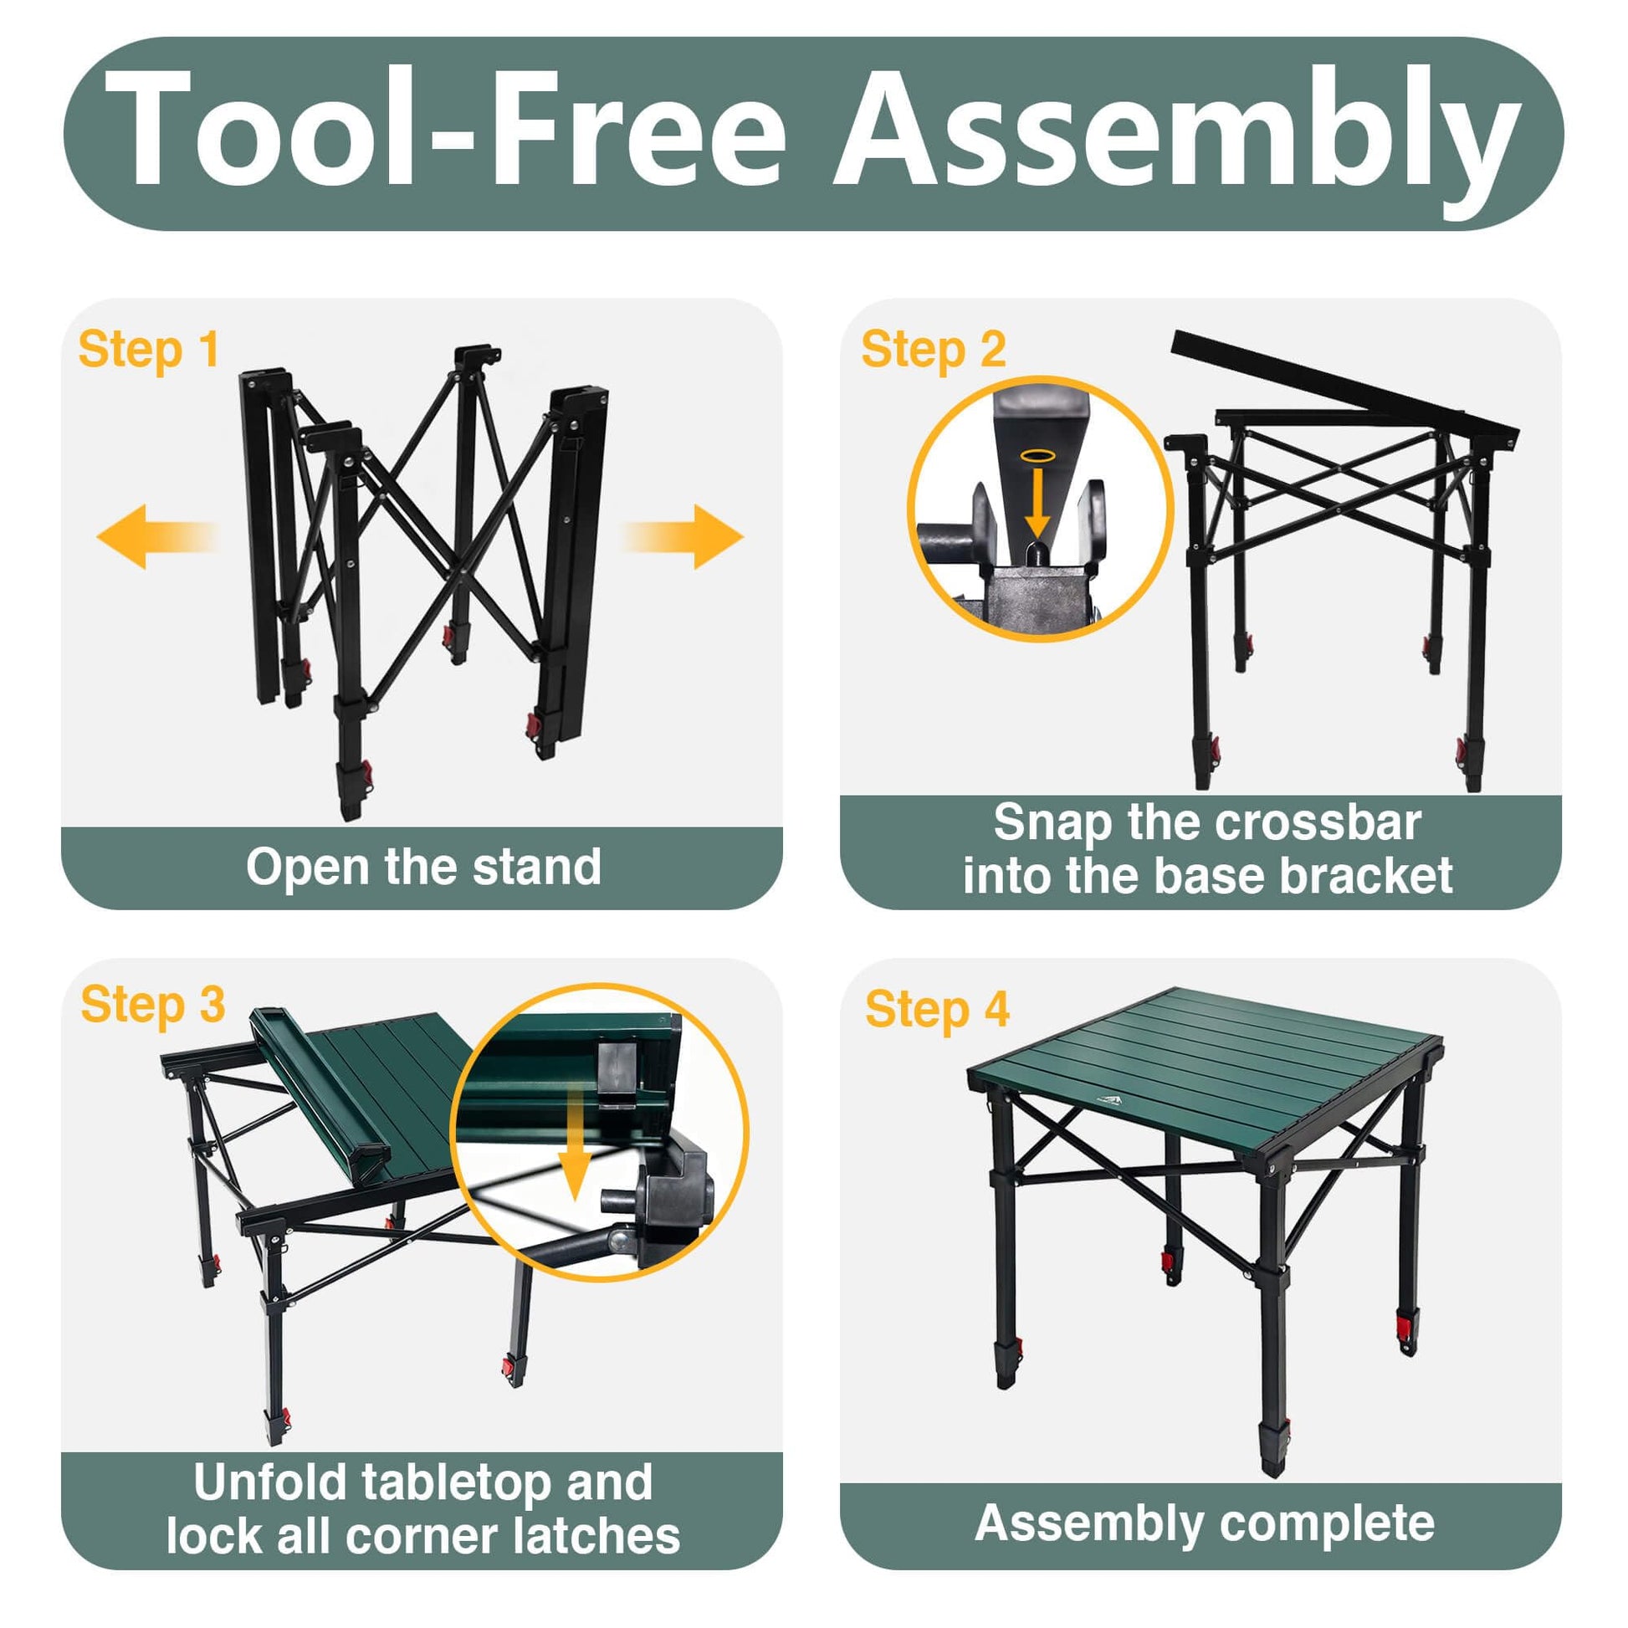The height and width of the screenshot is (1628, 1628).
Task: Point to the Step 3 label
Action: pos(152,1005)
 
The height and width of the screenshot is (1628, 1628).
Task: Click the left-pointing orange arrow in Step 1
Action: pos(157,537)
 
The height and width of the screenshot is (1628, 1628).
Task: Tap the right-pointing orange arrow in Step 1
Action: pos(683,537)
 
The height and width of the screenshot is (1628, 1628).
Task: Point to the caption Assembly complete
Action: pos(1204,1523)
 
